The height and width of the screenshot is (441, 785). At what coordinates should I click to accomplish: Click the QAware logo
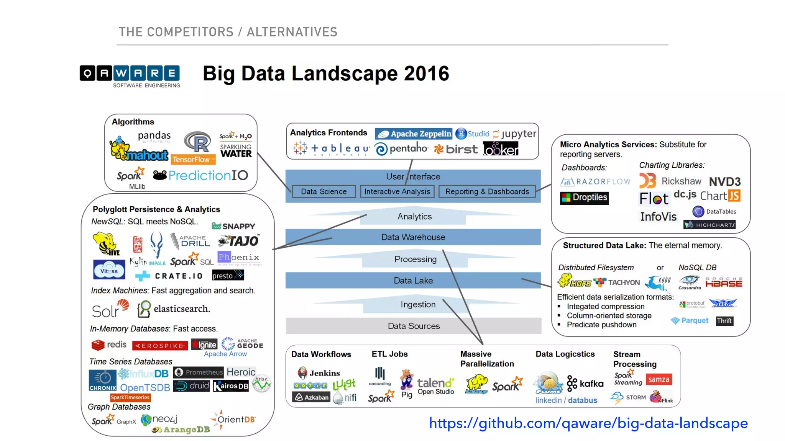tap(130, 76)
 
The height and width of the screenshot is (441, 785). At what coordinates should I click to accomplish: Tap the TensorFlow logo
tap(193, 159)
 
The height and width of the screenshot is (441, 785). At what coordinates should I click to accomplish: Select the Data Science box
tap(324, 191)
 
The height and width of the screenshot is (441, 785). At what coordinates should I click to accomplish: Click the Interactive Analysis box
tap(397, 191)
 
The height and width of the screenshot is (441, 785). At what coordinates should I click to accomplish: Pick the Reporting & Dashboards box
tap(487, 191)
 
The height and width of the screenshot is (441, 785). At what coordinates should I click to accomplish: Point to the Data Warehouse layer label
tap(413, 237)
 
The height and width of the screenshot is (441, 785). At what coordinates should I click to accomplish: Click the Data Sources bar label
tap(414, 326)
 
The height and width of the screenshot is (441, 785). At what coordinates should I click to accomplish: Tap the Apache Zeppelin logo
tap(414, 134)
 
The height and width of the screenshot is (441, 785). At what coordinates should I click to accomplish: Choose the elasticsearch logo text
tap(182, 309)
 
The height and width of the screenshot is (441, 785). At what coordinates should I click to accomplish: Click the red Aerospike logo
tap(160, 346)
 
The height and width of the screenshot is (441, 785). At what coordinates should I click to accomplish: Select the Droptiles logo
tap(584, 198)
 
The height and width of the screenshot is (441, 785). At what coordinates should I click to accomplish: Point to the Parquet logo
tap(690, 320)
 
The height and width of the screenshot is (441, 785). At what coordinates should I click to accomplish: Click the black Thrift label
tap(724, 321)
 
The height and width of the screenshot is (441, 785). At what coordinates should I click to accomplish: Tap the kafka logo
tap(585, 383)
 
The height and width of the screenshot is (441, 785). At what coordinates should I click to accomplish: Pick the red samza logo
tap(659, 379)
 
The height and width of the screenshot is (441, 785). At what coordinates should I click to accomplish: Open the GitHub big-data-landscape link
tap(588, 423)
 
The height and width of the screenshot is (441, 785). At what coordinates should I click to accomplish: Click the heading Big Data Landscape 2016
tap(326, 73)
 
